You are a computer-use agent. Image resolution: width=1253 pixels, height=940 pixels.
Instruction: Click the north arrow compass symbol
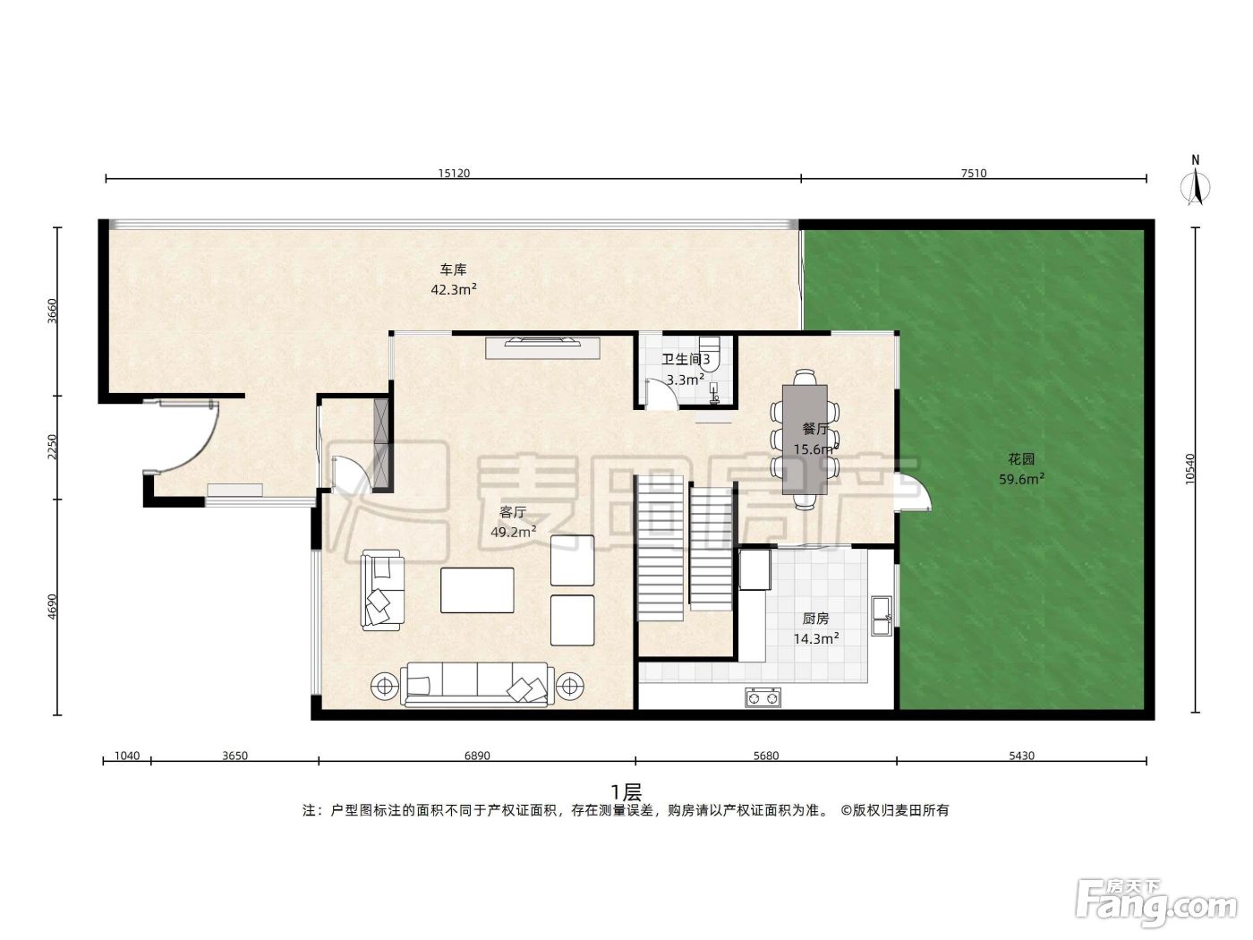point(1196,182)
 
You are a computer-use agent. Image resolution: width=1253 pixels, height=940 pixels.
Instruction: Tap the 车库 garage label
point(453,269)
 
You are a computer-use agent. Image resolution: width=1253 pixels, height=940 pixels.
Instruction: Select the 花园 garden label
point(1020,459)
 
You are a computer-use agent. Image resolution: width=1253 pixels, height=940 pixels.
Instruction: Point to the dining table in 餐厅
point(805,440)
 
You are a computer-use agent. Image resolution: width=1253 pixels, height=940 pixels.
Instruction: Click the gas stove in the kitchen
point(763,697)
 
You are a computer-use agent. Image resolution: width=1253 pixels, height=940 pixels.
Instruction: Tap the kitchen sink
point(882,616)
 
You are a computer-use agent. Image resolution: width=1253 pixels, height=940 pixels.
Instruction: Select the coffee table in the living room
point(477,590)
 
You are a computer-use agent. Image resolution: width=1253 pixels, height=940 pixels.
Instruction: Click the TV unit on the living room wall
point(542,347)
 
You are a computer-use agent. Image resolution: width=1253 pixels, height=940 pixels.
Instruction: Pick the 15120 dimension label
point(454,173)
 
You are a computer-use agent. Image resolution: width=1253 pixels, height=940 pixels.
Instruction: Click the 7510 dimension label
point(973,173)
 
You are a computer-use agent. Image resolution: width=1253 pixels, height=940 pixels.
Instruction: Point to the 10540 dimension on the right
point(1189,470)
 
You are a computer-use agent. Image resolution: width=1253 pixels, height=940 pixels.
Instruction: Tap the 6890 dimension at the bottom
point(477,756)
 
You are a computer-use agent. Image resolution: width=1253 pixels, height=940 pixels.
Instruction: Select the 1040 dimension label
point(127,756)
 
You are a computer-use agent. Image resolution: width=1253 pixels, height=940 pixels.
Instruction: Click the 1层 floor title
point(626,793)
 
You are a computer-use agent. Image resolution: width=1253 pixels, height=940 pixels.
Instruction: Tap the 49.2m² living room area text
point(513,532)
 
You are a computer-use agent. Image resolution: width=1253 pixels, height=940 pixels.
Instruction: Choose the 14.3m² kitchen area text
point(815,638)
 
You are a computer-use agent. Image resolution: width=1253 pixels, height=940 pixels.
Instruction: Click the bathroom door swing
point(662,394)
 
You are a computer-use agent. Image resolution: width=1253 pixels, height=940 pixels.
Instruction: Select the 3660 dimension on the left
point(52,311)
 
